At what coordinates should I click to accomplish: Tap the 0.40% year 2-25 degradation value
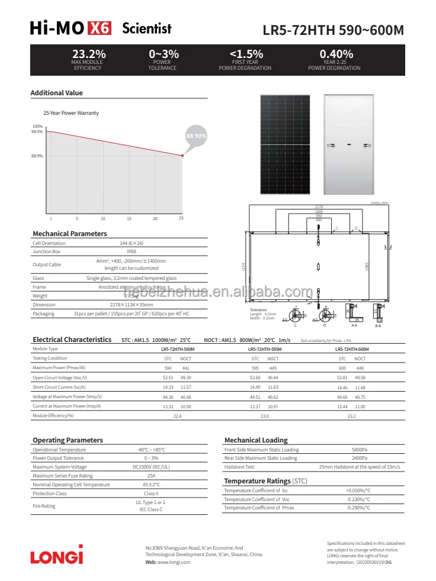point(336,54)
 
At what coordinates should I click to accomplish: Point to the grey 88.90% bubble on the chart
point(196,135)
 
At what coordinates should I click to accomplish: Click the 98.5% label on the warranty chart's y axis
point(37,132)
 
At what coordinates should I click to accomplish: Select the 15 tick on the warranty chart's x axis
point(129,219)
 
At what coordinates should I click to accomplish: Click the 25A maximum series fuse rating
point(151,476)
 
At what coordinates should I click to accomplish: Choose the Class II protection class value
point(151,493)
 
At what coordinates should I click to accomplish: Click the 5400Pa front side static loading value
point(360,450)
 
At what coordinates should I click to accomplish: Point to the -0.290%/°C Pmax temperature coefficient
point(358,508)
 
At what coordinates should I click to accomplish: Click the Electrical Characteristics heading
point(72,340)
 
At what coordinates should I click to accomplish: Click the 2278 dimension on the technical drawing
point(319,206)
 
